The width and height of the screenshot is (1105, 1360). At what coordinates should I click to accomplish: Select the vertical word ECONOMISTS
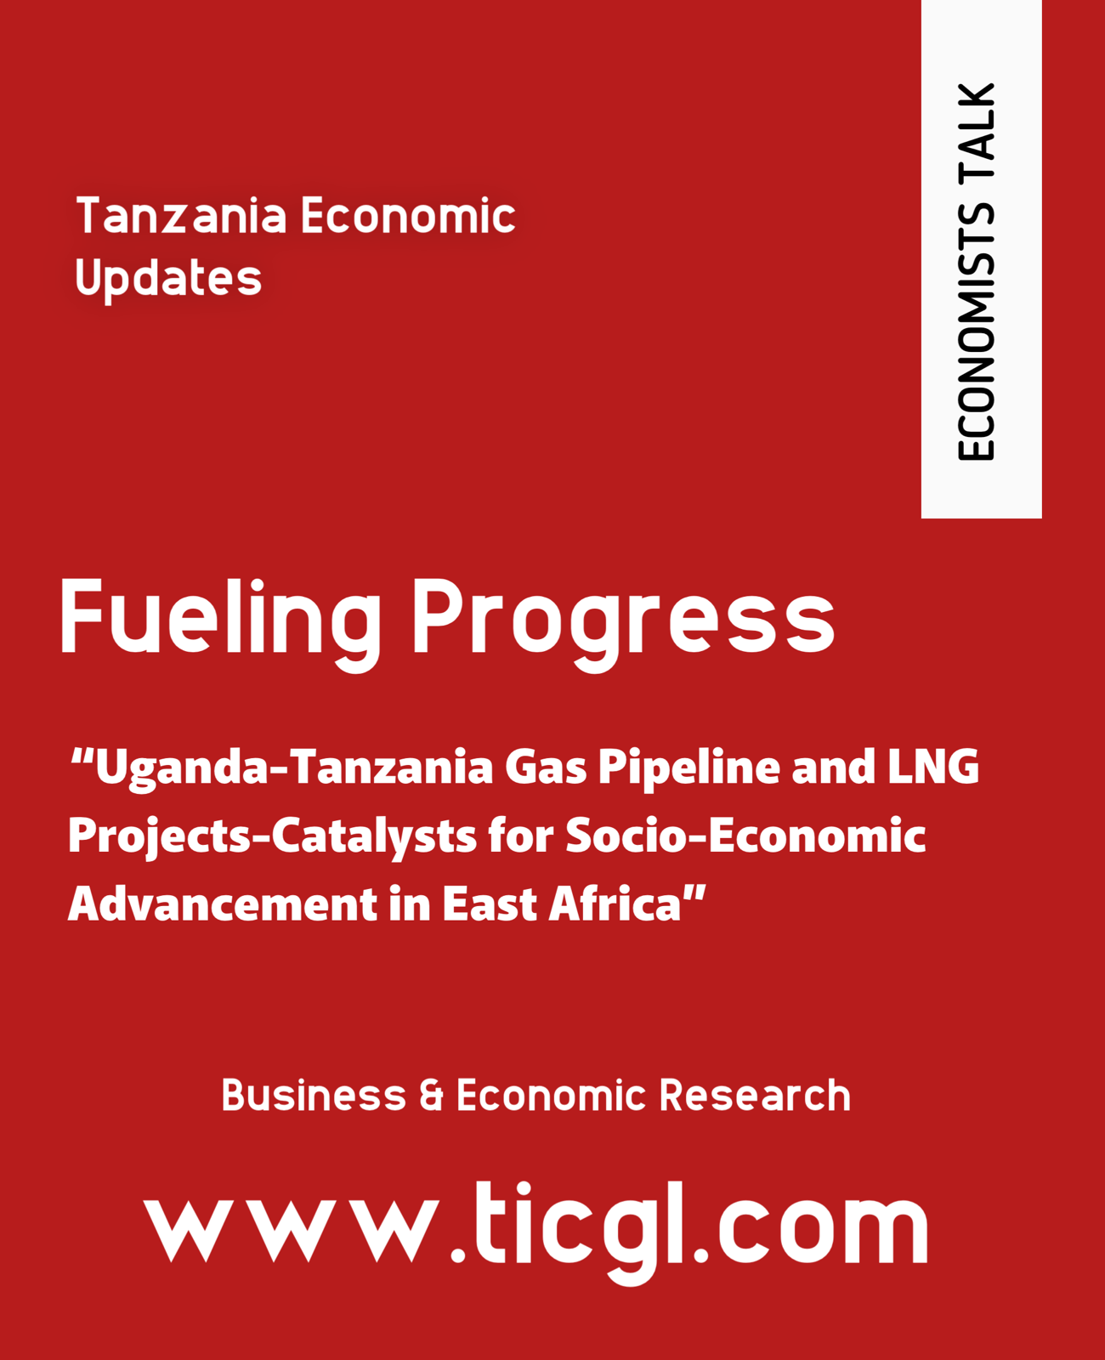click(x=976, y=332)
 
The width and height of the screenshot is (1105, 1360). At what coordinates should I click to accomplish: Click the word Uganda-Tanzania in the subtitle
click(x=294, y=768)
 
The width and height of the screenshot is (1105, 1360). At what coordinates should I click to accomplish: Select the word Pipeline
click(x=689, y=768)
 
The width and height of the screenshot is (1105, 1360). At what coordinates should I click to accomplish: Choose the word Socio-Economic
click(x=745, y=836)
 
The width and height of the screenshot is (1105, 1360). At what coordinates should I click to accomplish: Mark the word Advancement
click(x=223, y=904)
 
